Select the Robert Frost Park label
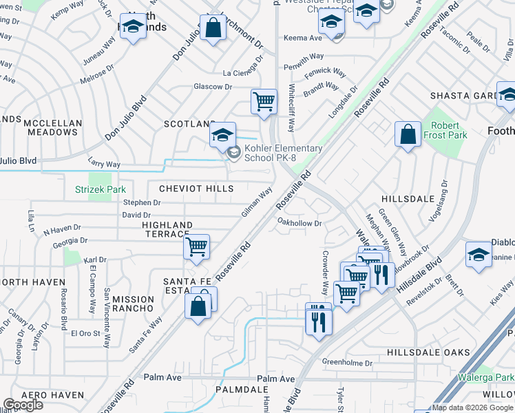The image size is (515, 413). coord(449,131)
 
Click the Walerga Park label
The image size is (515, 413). coord(485,377)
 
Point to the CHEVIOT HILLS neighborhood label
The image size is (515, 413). coord(196,189)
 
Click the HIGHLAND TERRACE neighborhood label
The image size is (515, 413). coord(167,230)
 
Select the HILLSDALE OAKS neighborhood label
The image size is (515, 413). coord(428,352)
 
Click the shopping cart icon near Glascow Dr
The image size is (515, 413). coord(264,101)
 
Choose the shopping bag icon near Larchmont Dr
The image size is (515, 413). coord(213,28)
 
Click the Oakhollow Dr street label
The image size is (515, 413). coord(299,223)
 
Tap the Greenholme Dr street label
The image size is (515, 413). coord(348,363)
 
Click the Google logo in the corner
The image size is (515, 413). coord(23,405)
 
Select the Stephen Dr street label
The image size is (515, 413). coord(141,203)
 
